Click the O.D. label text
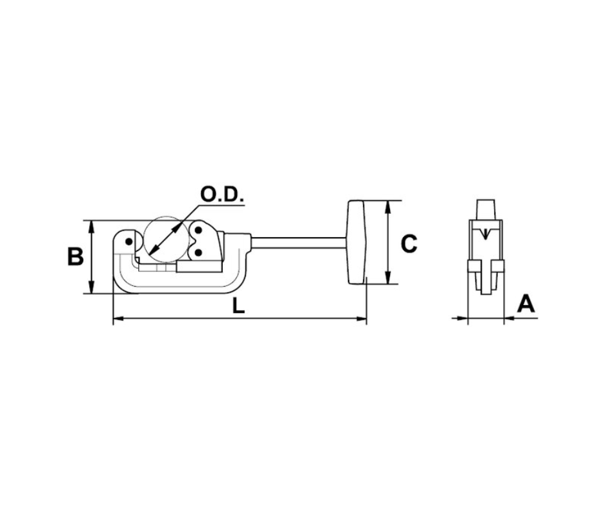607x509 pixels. pos(222,194)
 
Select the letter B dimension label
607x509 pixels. pos(76,256)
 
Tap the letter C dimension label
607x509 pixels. pos(409,244)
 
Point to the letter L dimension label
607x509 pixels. pos(239,307)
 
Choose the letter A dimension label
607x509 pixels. pos(526,304)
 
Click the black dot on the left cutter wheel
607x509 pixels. pos(128,242)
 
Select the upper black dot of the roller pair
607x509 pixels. pos(198,231)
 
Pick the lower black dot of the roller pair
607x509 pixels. pos(198,253)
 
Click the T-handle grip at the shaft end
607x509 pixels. pos(357,242)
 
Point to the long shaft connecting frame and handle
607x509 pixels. pos(299,242)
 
